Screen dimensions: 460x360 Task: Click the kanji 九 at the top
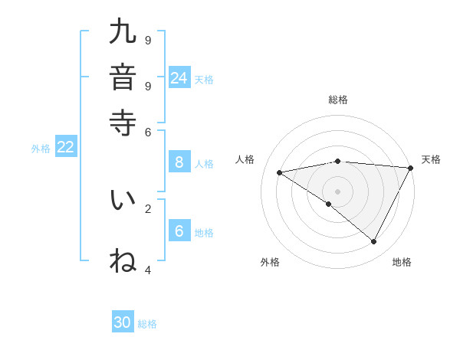point(123,32)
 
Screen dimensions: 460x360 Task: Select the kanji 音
point(123,77)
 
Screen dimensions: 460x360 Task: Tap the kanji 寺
point(123,122)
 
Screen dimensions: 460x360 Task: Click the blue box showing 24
point(179,77)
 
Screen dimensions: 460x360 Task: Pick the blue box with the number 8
point(179,162)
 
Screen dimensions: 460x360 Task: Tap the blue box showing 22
point(65,148)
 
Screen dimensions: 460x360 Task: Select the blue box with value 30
point(123,322)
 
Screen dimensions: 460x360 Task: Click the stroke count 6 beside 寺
point(148,131)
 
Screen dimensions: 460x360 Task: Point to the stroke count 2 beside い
point(148,208)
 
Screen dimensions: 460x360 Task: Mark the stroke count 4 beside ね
point(148,270)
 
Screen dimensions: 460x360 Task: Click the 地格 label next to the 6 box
point(204,233)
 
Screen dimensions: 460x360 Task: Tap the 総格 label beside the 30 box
point(147,324)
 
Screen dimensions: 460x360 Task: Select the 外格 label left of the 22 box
point(40,149)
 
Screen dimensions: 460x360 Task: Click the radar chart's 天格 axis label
point(431,159)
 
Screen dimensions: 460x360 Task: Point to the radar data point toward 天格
point(410,169)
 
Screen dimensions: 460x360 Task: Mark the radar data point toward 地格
point(374,242)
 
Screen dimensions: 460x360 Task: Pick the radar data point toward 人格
point(279,172)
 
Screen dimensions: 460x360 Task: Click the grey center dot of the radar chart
point(337,191)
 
